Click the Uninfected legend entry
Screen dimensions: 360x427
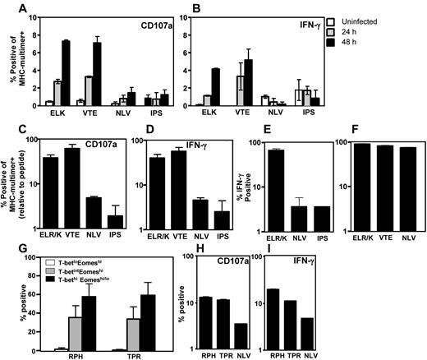392,21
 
